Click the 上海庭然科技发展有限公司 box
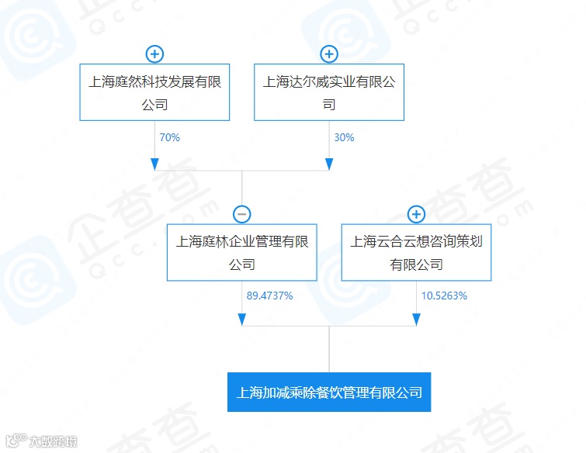(154, 92)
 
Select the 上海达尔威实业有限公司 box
(329, 92)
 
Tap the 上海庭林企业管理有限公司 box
(241, 252)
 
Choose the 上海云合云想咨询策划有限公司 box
(416, 252)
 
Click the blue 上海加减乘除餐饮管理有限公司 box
(329, 392)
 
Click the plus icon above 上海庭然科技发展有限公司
(154, 54)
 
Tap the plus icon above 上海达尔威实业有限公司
(329, 54)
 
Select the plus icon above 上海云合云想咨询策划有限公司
(416, 215)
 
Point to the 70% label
(169, 137)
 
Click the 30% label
(344, 137)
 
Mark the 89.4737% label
(269, 296)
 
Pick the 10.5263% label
(444, 296)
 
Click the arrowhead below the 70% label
(154, 164)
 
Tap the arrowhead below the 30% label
(329, 164)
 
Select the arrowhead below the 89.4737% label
(241, 320)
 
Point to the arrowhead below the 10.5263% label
(416, 320)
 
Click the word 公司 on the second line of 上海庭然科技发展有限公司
(154, 105)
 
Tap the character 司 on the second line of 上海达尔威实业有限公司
(329, 105)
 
